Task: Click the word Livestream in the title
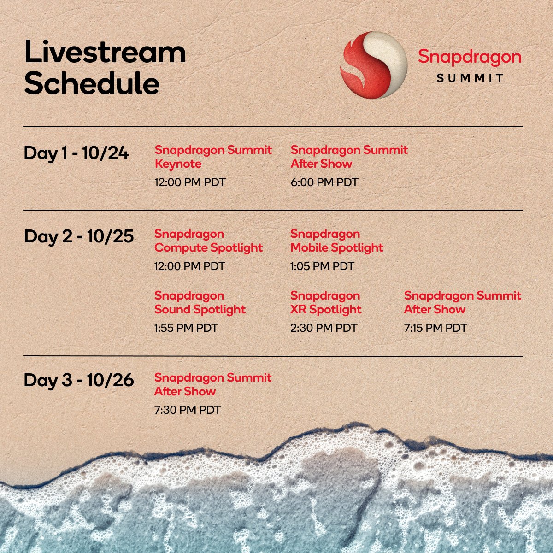pyautogui.click(x=106, y=52)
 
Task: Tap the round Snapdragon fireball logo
pyautogui.click(x=374, y=65)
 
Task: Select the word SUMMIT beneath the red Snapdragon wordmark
pyautogui.click(x=470, y=78)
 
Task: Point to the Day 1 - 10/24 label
pyautogui.click(x=76, y=153)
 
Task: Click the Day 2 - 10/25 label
pyautogui.click(x=79, y=237)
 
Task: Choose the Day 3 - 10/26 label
pyautogui.click(x=79, y=380)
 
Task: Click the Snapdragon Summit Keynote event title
pyautogui.click(x=213, y=157)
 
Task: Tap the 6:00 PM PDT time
pyautogui.click(x=324, y=182)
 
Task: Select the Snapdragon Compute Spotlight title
pyautogui.click(x=209, y=241)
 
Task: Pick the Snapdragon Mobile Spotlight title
pyautogui.click(x=337, y=241)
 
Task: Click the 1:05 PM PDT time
pyautogui.click(x=322, y=266)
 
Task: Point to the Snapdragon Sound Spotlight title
pyautogui.click(x=200, y=303)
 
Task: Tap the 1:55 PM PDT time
pyautogui.click(x=186, y=328)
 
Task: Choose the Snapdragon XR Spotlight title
pyautogui.click(x=326, y=303)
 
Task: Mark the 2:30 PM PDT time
pyautogui.click(x=324, y=328)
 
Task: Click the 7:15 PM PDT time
pyautogui.click(x=435, y=328)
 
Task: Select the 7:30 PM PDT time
pyautogui.click(x=188, y=410)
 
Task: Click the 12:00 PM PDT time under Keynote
pyautogui.click(x=190, y=182)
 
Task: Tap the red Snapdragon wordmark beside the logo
pyautogui.click(x=470, y=58)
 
